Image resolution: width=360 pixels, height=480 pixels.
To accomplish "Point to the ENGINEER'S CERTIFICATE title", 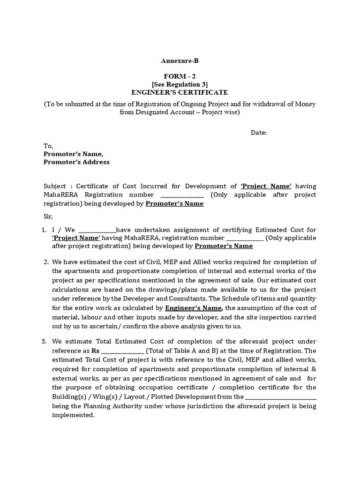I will pyautogui.click(x=180, y=92).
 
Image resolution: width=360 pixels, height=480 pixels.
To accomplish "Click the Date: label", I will pyautogui.click(x=259, y=133).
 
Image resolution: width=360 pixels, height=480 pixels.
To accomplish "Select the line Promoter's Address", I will pyautogui.click(x=76, y=162).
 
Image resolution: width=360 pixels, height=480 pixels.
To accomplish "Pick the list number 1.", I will pyautogui.click(x=43, y=230).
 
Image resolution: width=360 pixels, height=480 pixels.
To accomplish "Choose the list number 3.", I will pyautogui.click(x=44, y=341).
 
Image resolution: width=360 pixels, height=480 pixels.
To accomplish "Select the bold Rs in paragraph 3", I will pyautogui.click(x=96, y=351).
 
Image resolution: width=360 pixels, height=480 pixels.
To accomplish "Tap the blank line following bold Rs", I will pyautogui.click(x=122, y=351).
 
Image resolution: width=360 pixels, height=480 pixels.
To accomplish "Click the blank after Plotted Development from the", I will pyautogui.click(x=281, y=397).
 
